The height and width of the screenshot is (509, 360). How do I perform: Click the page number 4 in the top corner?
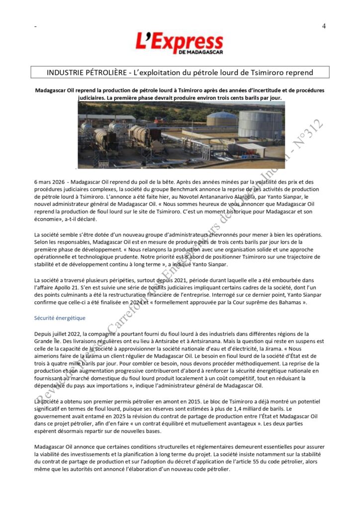tap(324, 26)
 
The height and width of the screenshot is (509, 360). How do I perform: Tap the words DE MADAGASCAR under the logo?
tap(201, 52)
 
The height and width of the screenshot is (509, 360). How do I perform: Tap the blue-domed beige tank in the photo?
tap(222, 119)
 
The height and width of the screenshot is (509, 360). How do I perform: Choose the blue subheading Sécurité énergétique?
tap(60, 318)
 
